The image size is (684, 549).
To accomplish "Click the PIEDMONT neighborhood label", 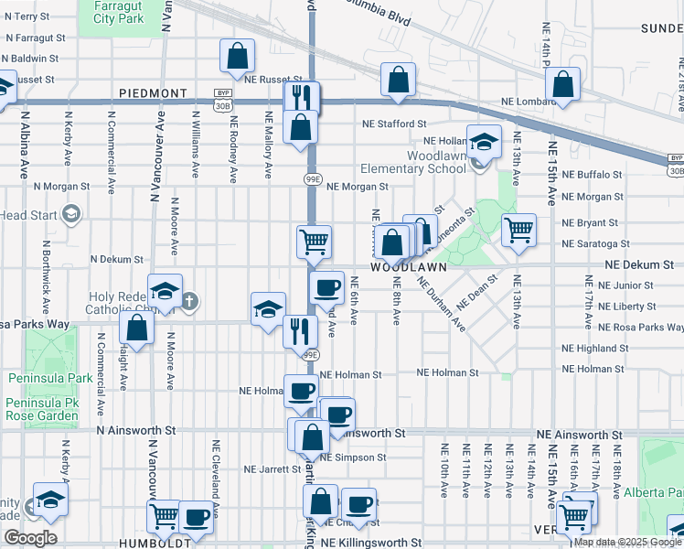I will (x=152, y=93).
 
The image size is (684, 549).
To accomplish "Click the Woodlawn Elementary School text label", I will (x=412, y=162).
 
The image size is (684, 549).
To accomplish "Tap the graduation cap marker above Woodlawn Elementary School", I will (x=484, y=143).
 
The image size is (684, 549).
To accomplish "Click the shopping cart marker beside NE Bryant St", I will (x=518, y=230).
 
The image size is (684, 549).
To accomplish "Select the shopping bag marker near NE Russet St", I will (x=237, y=55).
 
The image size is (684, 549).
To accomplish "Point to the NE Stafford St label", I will (x=394, y=124).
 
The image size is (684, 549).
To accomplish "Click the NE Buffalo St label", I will (x=592, y=174).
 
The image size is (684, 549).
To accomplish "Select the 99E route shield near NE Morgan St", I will (x=311, y=180).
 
